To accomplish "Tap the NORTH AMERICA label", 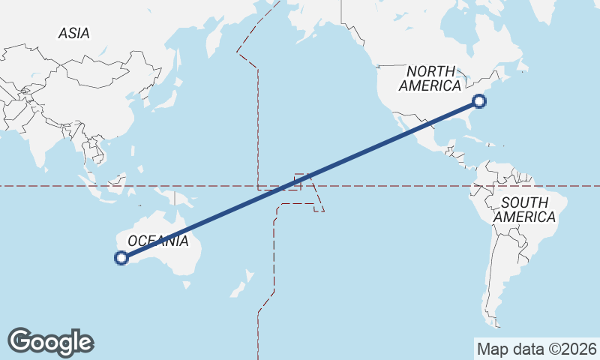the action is (430, 78).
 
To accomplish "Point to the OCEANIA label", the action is (157, 241).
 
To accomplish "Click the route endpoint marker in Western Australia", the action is (121, 258).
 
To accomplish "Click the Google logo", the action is (50, 341).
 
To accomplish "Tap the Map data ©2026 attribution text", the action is (536, 349).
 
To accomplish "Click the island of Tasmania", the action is (187, 285).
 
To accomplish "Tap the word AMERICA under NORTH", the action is (430, 85).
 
